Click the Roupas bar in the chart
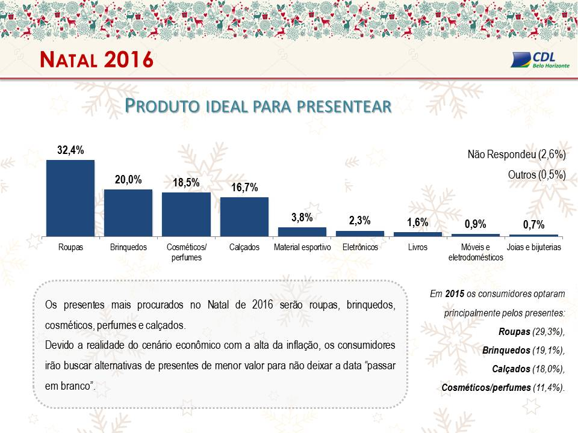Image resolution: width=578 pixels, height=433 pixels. point(70,198)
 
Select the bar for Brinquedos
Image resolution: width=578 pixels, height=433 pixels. point(128,213)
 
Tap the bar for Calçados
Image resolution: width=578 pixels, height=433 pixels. point(244,217)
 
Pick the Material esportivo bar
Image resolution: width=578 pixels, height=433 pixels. point(302,232)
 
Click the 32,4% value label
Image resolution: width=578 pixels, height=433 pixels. point(70,150)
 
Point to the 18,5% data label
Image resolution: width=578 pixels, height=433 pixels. point(186,183)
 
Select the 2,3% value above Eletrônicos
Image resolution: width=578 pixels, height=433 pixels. point(360,221)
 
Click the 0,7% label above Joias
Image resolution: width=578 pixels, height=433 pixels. point(534,224)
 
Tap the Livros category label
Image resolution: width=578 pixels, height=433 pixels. point(418,247)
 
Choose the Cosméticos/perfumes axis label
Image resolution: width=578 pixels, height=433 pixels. point(187,252)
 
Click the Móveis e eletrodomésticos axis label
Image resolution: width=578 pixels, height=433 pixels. point(476,252)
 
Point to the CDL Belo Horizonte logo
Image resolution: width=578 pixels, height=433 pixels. point(540,60)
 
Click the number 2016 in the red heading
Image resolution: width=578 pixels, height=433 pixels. point(129,60)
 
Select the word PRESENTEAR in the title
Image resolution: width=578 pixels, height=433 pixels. point(344,106)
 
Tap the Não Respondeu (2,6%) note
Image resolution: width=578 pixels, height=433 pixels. point(517,155)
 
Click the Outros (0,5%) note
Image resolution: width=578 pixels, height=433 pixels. point(536,174)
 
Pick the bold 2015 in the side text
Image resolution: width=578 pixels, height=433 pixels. point(455,294)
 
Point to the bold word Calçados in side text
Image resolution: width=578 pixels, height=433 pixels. point(511,369)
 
